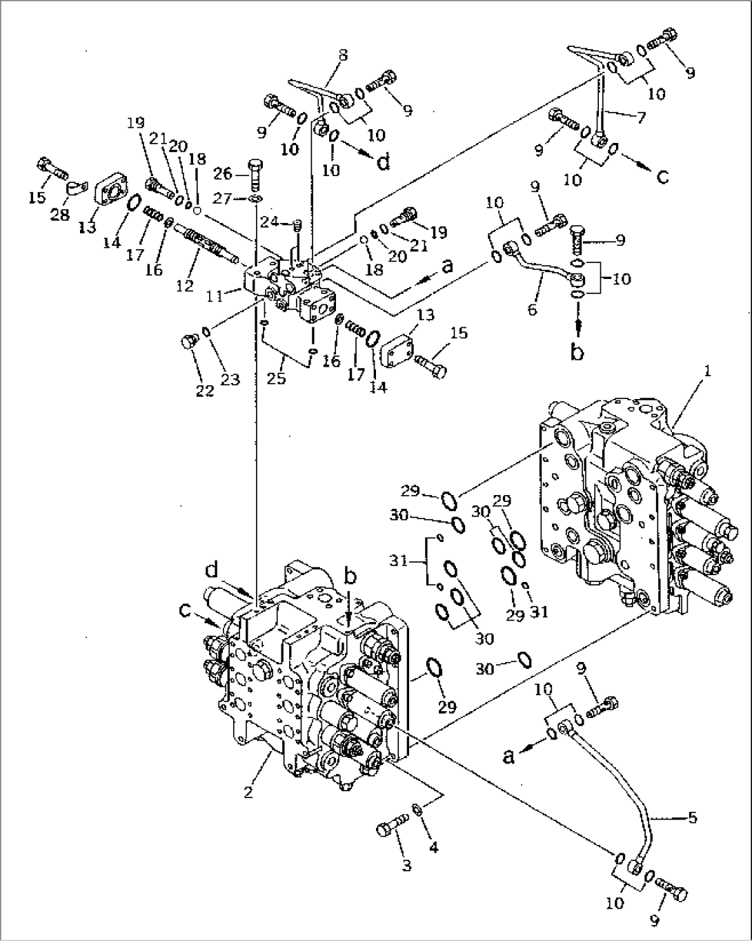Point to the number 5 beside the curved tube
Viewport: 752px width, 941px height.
692,819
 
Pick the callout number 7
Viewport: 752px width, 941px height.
641,117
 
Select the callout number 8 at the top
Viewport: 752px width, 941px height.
343,55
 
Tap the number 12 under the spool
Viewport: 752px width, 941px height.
184,286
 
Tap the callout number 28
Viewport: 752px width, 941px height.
61,215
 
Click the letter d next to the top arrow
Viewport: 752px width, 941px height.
383,162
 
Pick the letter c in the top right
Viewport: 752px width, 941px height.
662,177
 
